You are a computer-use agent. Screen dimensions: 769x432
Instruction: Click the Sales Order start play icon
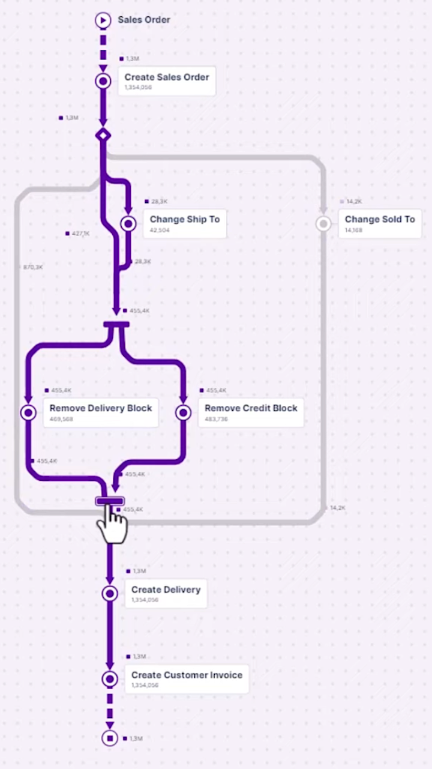coord(103,20)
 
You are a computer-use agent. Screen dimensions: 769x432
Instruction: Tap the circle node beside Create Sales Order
coord(103,81)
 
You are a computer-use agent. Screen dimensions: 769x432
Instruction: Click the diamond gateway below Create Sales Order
coord(103,136)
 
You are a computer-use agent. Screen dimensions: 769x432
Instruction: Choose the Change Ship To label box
coord(185,223)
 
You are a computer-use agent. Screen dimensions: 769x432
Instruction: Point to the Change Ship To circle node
coord(128,224)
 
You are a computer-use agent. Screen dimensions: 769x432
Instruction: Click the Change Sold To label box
coord(380,223)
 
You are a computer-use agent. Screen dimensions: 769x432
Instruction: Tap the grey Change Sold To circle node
coord(323,224)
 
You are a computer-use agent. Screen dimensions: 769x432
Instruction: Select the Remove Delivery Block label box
coord(101,412)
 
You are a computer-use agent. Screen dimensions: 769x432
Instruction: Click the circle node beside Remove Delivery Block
coord(28,412)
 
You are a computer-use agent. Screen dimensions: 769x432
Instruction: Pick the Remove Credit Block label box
coord(251,412)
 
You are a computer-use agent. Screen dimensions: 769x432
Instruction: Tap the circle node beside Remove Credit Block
coord(183,412)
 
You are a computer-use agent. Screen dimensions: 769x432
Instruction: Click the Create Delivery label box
coord(166,594)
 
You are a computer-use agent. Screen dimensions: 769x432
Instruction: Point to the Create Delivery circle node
coord(110,594)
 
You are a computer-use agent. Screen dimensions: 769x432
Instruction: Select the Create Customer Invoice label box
coord(187,679)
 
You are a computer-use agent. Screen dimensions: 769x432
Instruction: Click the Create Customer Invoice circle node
coord(110,679)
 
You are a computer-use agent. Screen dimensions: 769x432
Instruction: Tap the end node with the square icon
coord(110,738)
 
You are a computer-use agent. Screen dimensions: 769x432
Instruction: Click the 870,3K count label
coord(33,267)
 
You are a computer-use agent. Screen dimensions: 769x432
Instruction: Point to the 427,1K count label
coord(80,234)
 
